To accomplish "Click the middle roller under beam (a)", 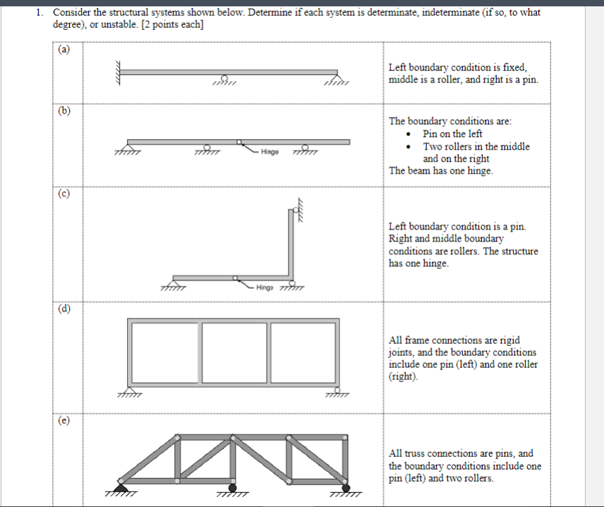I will pos(224,80).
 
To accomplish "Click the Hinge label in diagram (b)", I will pos(270,152).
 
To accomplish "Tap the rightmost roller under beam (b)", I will pos(306,148).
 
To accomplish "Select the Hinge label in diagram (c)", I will pos(266,287).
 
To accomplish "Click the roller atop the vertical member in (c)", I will pos(294,210).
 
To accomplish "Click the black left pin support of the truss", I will pos(121,487).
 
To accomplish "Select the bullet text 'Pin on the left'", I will pos(452,133).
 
